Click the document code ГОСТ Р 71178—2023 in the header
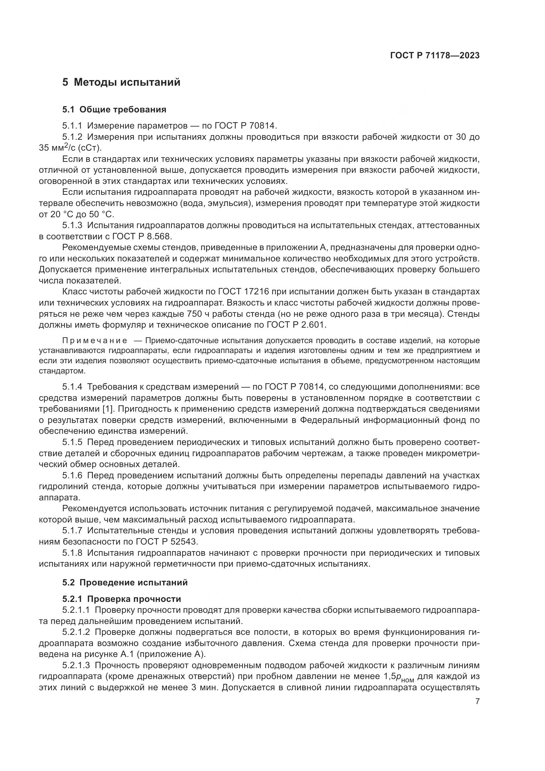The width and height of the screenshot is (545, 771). [x=435, y=55]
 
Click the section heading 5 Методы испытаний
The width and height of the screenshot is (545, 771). [x=121, y=82]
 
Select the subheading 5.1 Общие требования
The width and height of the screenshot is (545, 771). [x=114, y=109]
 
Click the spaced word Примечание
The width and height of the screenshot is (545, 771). [x=95, y=341]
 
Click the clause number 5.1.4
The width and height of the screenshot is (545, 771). [x=72, y=387]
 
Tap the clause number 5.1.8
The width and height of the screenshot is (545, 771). [x=72, y=553]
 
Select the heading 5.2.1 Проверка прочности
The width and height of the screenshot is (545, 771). [x=122, y=599]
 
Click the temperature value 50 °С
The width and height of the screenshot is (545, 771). [x=101, y=214]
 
